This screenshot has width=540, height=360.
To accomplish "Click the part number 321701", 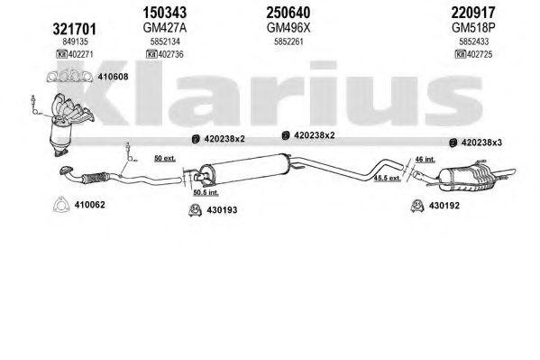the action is [x=74, y=29].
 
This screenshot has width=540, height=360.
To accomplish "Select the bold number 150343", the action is [x=165, y=13].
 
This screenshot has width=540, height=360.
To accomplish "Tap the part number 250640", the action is [x=288, y=13].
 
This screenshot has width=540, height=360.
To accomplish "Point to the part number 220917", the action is [x=473, y=13].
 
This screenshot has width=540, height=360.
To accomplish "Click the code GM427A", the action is [x=165, y=28].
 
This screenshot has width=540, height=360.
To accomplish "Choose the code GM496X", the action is [x=288, y=28].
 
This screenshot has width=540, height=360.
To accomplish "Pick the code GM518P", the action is [x=473, y=28].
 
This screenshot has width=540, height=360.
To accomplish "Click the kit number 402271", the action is [x=80, y=54].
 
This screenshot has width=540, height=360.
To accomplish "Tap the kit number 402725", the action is [x=480, y=54].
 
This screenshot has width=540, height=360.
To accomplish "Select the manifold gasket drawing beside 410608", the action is [x=69, y=77].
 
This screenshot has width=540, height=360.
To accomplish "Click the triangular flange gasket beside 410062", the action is [x=61, y=205].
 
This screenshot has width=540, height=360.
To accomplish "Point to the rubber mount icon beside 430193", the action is [x=195, y=210].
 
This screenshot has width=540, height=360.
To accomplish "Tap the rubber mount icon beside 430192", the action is [x=417, y=206].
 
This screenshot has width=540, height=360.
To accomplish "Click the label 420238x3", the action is [x=481, y=143].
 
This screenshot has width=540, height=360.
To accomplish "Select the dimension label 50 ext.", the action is [x=165, y=159].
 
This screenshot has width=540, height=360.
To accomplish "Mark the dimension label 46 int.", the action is [x=425, y=160].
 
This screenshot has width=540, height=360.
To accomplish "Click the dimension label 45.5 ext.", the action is [x=388, y=178].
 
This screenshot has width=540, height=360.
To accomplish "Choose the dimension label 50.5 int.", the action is [x=206, y=192].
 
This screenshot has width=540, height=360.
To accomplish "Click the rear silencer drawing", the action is [x=471, y=176].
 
